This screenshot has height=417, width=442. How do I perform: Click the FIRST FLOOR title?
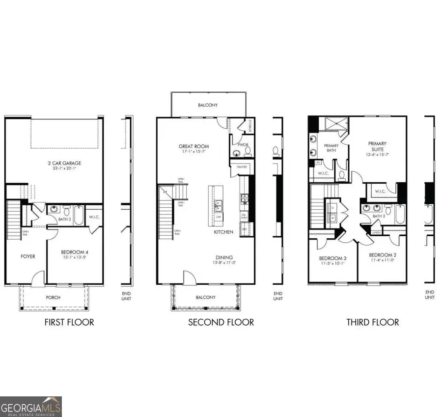[x=69, y=322]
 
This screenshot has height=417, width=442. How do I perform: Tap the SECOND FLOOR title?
[x=221, y=322]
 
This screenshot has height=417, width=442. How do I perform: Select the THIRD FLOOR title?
[x=372, y=322]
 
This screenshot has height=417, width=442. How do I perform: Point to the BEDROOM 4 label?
[x=75, y=252]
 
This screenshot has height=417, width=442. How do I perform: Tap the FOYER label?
[x=28, y=256]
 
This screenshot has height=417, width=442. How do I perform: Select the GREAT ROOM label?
[x=193, y=146]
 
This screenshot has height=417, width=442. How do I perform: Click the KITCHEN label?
[x=223, y=231]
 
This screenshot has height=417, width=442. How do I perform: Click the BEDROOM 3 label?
[x=332, y=258]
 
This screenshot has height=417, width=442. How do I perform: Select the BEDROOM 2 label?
[x=382, y=255]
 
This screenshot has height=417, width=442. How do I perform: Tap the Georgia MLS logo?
[x=31, y=406]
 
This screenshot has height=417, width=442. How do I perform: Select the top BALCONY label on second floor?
[x=208, y=105]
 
